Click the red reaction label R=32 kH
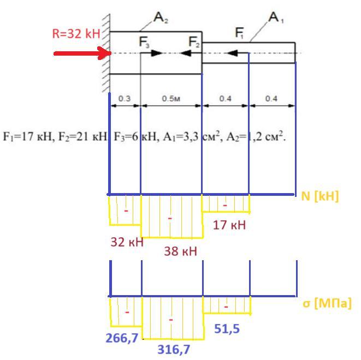point(76,34)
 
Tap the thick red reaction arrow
point(82,53)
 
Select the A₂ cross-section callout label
point(161,17)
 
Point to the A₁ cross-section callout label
point(276,17)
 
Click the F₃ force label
point(144,43)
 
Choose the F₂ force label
point(194,42)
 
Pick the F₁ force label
point(239,33)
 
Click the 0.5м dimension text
point(171,99)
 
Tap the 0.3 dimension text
point(125,99)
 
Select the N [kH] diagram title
point(320,196)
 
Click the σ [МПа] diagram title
point(327,303)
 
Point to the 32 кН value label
point(127,242)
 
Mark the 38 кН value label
point(180,251)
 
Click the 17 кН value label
point(229,225)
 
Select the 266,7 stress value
point(122,338)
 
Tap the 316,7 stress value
point(174,350)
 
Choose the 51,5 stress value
point(227,329)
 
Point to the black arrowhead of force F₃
point(157,53)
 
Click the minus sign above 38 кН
point(170,218)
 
